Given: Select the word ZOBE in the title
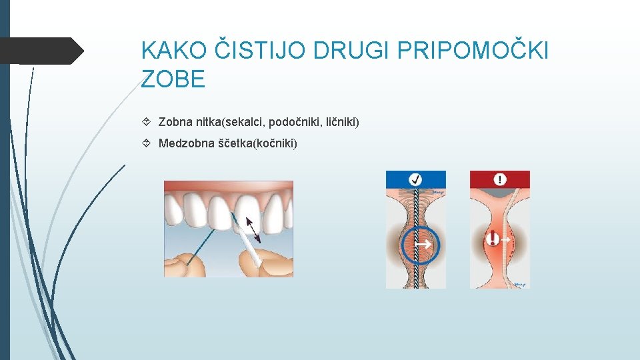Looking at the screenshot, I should [173, 80].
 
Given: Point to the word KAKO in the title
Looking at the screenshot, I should [175, 51].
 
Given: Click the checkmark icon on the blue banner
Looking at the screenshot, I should [415, 179].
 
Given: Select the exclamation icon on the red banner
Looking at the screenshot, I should [500, 179].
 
